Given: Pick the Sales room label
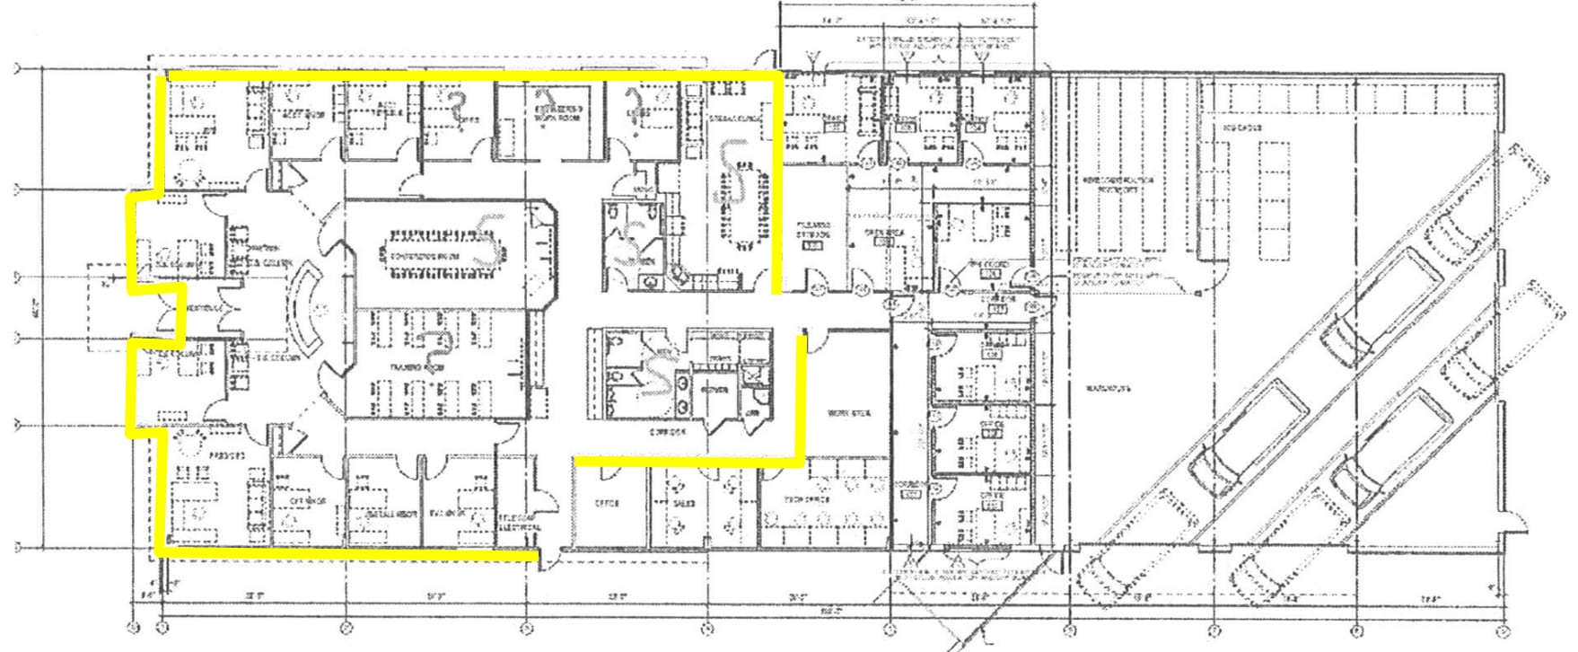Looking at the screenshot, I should [x=683, y=504].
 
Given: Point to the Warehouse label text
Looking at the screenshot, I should [x=1107, y=389].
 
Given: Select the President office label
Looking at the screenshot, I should [x=227, y=456].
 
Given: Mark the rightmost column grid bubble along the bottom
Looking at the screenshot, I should [x=1501, y=628].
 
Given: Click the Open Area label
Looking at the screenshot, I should [x=882, y=233].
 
